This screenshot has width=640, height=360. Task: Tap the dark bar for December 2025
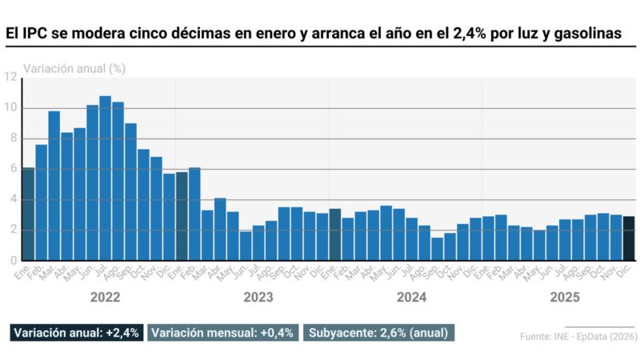(630, 238)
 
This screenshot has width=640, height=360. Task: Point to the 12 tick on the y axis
(11, 77)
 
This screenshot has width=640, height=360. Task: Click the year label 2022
(105, 297)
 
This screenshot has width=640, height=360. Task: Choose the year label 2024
(411, 297)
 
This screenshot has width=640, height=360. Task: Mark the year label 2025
(565, 297)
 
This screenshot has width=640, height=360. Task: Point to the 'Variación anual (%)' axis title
(74, 68)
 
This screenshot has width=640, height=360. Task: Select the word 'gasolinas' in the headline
(592, 34)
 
